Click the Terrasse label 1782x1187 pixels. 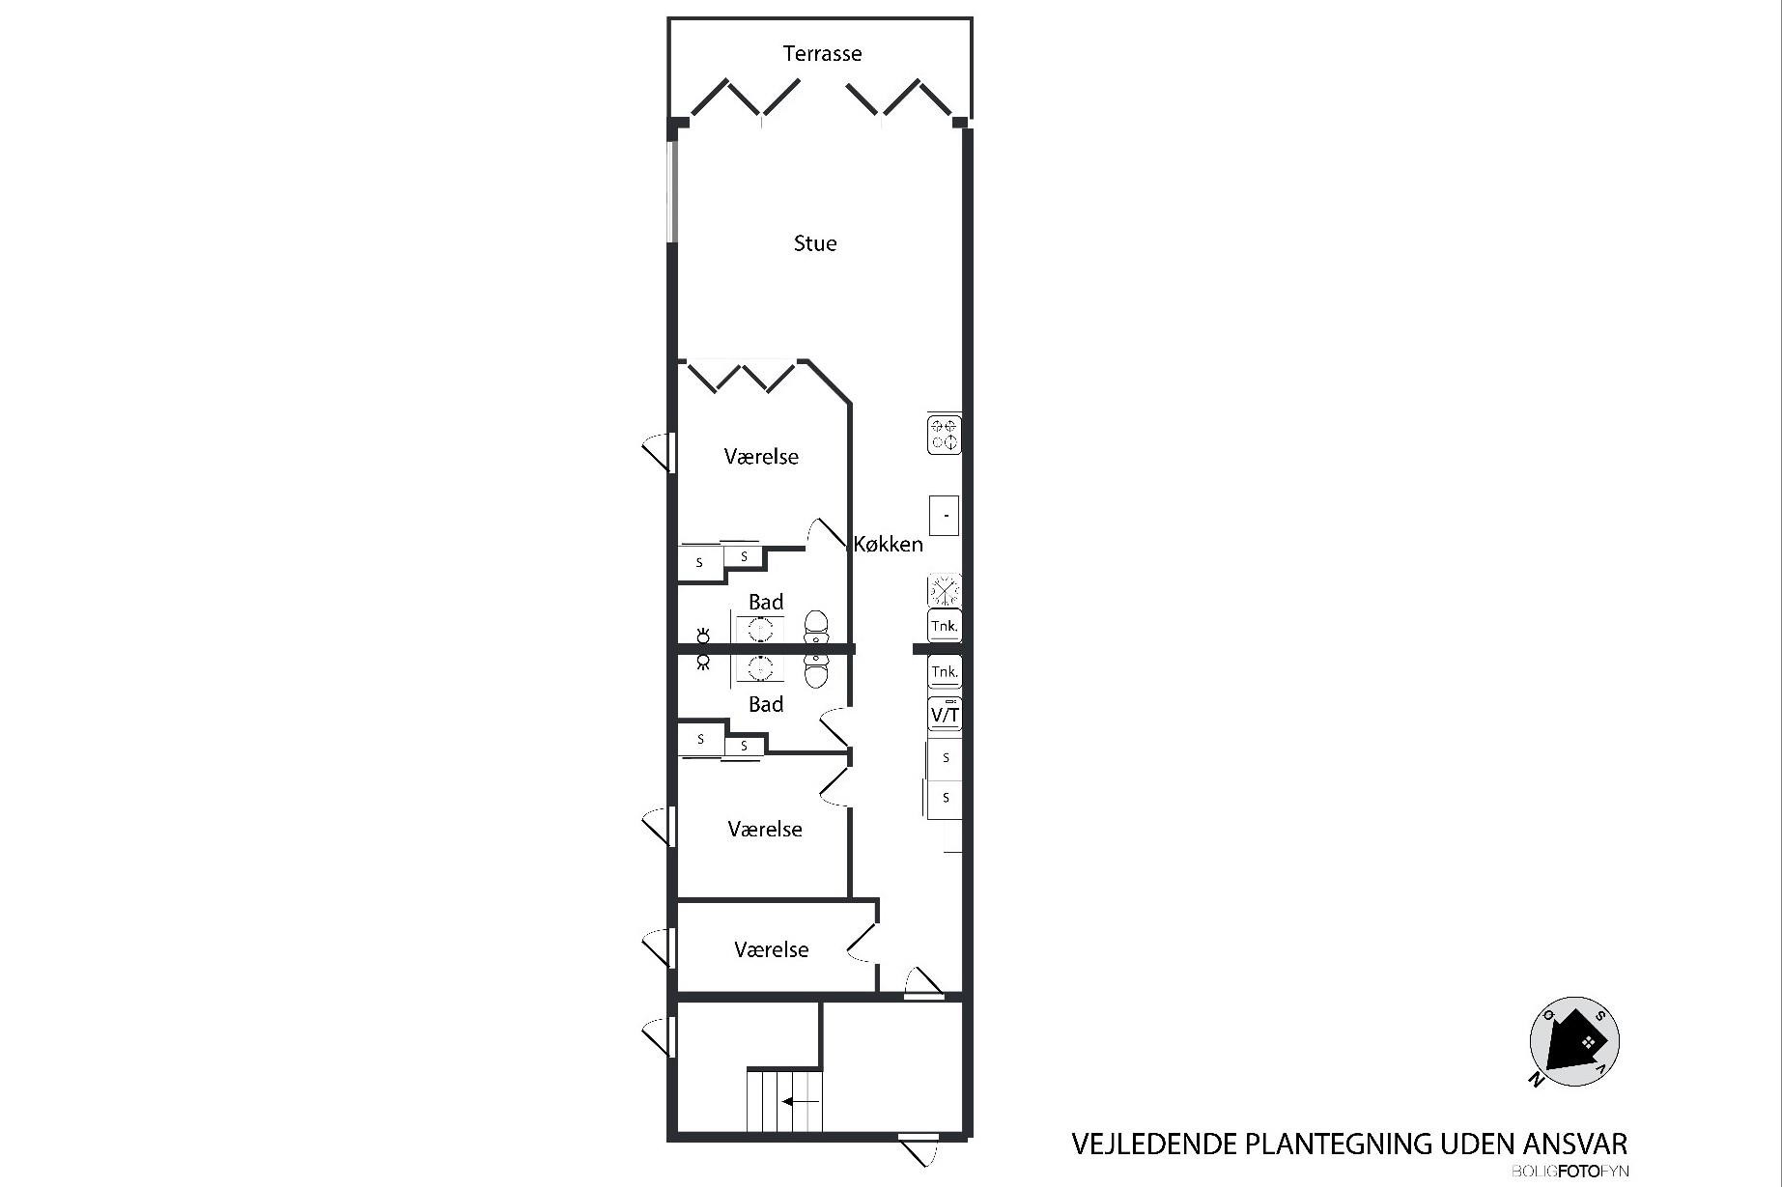[x=822, y=53]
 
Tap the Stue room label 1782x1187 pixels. [x=815, y=243]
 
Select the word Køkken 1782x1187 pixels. [x=888, y=544]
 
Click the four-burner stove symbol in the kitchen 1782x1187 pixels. [x=945, y=435]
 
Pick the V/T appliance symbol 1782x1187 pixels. [x=945, y=714]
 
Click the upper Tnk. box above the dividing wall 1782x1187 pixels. [x=945, y=626]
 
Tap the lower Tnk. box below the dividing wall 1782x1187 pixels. [x=945, y=671]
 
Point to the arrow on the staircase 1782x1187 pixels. [x=801, y=1101]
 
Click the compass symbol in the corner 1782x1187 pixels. [x=1574, y=1042]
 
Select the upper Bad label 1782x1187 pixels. [x=766, y=602]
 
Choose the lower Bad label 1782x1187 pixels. [x=766, y=704]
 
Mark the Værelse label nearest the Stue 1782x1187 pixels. [x=761, y=456]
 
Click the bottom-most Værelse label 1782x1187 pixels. [x=771, y=949]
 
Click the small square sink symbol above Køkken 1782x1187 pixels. [x=944, y=515]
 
